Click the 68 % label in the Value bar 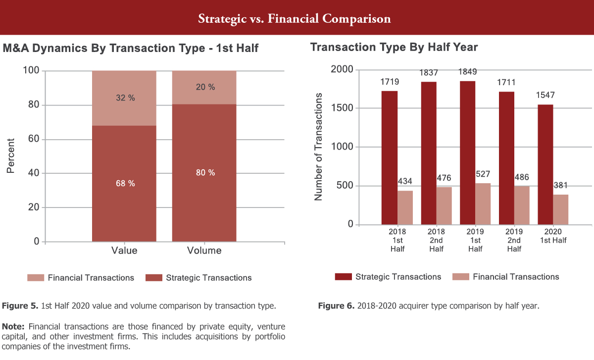[x=124, y=183]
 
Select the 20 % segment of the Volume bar [x=204, y=87]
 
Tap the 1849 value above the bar [x=468, y=72]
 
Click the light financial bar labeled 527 [x=483, y=204]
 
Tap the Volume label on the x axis [x=204, y=251]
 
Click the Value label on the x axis [x=124, y=251]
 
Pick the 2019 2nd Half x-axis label [x=514, y=240]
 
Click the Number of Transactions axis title [x=318, y=147]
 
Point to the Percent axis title [x=11, y=155]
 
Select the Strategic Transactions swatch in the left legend [x=153, y=278]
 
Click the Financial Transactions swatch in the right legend [x=460, y=277]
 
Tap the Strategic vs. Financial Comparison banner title [x=295, y=19]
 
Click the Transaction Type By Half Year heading [x=394, y=47]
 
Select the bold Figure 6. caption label [x=336, y=306]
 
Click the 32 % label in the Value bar [x=124, y=98]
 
